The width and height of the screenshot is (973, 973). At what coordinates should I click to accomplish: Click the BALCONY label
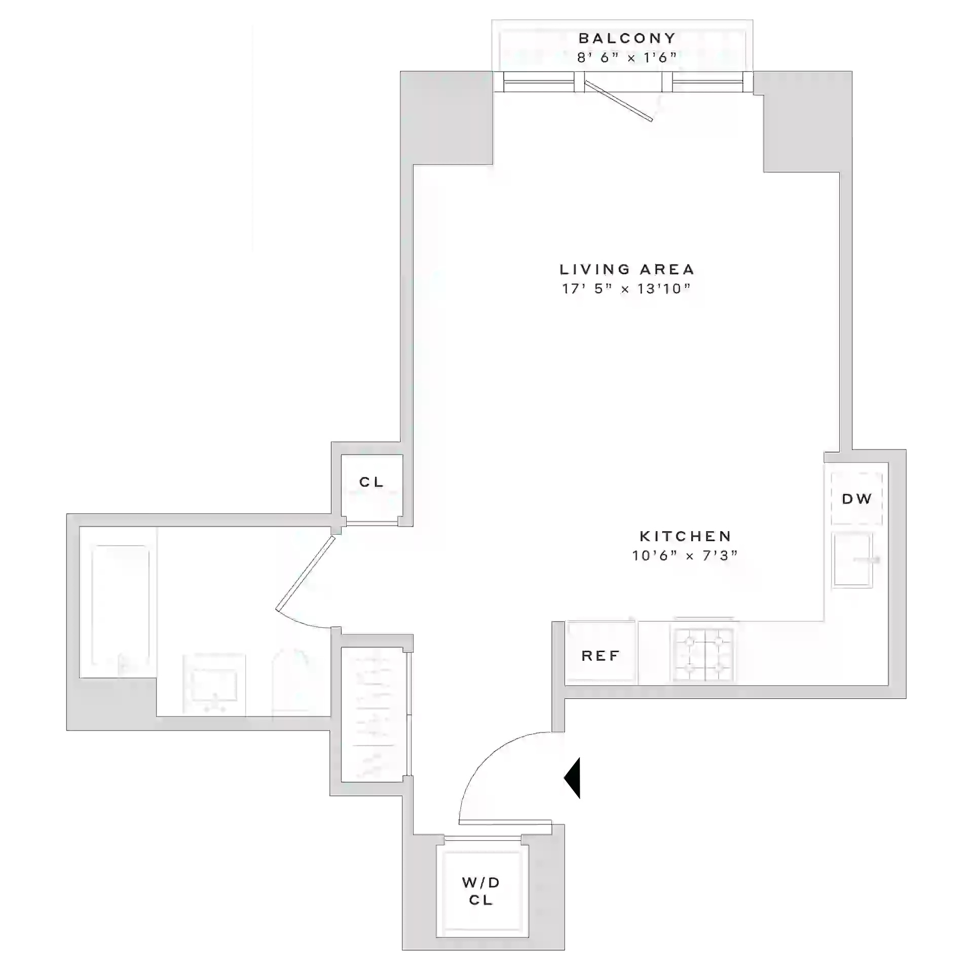627,39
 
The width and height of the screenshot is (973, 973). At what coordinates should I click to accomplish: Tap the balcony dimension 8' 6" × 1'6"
627,57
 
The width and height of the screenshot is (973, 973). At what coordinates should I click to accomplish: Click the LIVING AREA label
627,269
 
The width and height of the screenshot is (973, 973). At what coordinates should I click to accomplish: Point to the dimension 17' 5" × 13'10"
626,289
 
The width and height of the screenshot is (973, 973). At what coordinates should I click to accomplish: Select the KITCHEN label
686,536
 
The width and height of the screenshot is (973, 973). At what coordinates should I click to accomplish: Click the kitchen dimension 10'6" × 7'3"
685,556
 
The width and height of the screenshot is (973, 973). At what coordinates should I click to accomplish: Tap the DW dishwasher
856,499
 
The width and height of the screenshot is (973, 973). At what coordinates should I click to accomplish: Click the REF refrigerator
601,656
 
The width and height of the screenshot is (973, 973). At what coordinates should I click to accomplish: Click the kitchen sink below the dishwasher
852,559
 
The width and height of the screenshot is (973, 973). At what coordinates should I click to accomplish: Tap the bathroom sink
214,684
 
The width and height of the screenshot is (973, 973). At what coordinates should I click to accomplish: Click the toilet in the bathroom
291,683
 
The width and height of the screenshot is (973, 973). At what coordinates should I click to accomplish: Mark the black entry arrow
572,778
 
